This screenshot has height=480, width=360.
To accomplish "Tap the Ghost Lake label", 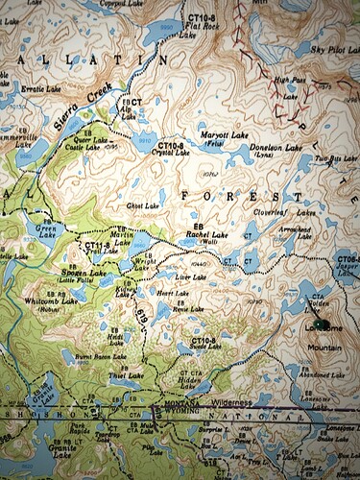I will [141, 205].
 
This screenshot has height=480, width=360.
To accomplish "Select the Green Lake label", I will [44, 228].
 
